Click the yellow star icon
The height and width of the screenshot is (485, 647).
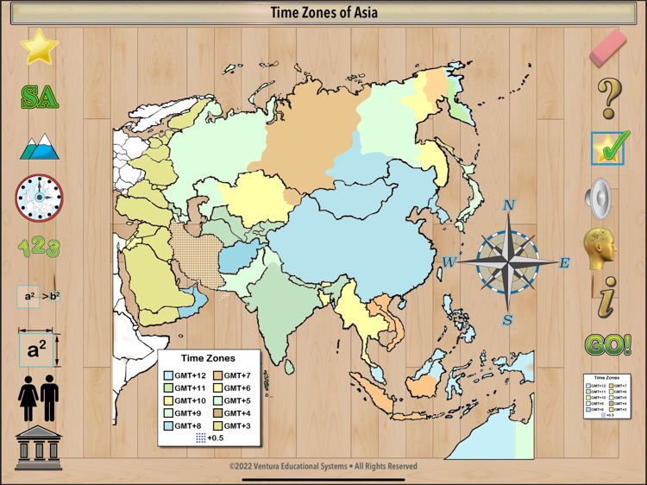click(38, 47)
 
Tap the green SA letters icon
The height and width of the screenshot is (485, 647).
click(39, 96)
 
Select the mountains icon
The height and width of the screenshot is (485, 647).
click(39, 147)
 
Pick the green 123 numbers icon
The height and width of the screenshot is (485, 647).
click(39, 249)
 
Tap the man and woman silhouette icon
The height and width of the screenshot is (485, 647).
click(38, 398)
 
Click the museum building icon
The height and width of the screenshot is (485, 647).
click(38, 446)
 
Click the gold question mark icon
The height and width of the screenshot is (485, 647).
click(609, 98)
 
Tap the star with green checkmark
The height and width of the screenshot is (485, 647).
click(610, 148)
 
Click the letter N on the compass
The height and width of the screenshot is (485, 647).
click(509, 205)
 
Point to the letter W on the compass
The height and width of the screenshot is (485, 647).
click(449, 262)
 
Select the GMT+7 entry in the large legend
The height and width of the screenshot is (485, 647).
click(234, 375)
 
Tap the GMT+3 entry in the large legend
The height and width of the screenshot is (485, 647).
click(234, 425)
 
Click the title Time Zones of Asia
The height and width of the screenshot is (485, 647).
click(323, 13)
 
